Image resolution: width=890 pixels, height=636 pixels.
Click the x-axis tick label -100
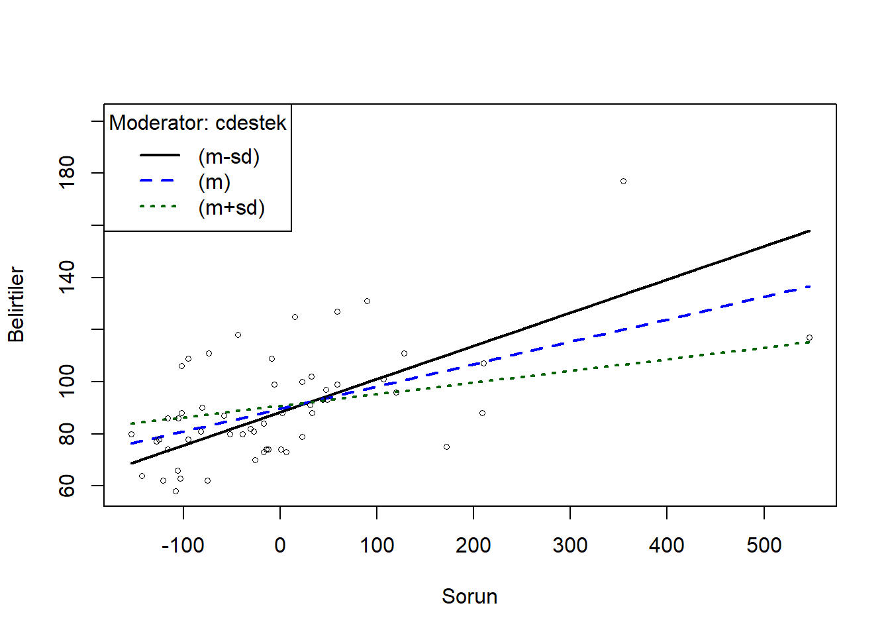(x=183, y=545)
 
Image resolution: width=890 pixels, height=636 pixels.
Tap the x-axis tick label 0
(x=280, y=545)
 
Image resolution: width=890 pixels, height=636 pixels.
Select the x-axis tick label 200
(x=473, y=545)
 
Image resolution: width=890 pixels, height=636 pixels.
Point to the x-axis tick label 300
(x=570, y=545)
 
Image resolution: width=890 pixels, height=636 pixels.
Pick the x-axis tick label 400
(x=667, y=545)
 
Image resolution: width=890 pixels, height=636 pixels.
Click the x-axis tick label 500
(x=764, y=545)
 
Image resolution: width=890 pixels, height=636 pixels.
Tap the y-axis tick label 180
(x=67, y=173)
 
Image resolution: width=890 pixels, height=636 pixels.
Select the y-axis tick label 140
(x=67, y=277)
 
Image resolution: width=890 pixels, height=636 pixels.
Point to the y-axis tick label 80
(x=67, y=434)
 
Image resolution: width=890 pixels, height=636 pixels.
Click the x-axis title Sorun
(x=470, y=596)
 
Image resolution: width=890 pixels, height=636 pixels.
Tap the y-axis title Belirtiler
(x=16, y=305)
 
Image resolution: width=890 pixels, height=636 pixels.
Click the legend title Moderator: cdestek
(x=197, y=123)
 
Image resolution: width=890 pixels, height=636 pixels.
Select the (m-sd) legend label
(x=229, y=156)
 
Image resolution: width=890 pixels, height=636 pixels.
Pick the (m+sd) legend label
(x=232, y=207)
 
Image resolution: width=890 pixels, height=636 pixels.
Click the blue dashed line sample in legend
(x=159, y=181)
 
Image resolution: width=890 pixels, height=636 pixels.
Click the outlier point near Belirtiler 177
(x=623, y=181)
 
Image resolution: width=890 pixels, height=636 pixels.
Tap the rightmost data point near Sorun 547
(x=809, y=338)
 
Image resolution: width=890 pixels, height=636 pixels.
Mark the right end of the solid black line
(x=809, y=231)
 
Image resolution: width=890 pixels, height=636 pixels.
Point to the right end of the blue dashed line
(x=809, y=286)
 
